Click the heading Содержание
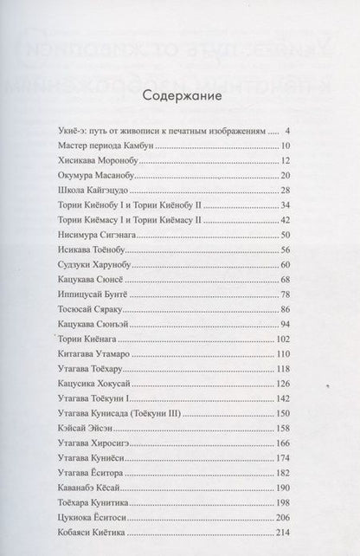click(179, 94)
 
